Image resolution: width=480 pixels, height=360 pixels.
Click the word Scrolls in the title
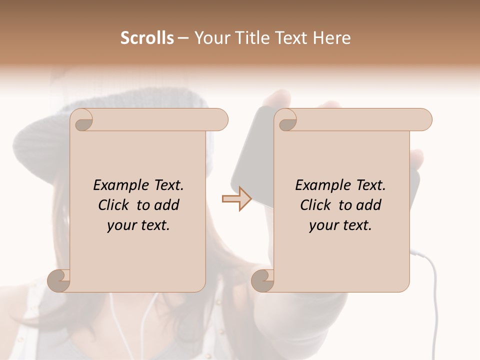[x=147, y=38]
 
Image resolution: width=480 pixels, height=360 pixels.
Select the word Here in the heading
[x=330, y=38]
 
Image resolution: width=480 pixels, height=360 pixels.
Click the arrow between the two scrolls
[x=236, y=199]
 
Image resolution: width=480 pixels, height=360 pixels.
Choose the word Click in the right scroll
[x=316, y=205]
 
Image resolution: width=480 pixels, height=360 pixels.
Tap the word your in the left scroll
[x=121, y=225]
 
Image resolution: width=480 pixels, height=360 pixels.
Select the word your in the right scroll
[x=323, y=225]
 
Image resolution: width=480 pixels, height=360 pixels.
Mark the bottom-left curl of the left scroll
[x=59, y=280]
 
